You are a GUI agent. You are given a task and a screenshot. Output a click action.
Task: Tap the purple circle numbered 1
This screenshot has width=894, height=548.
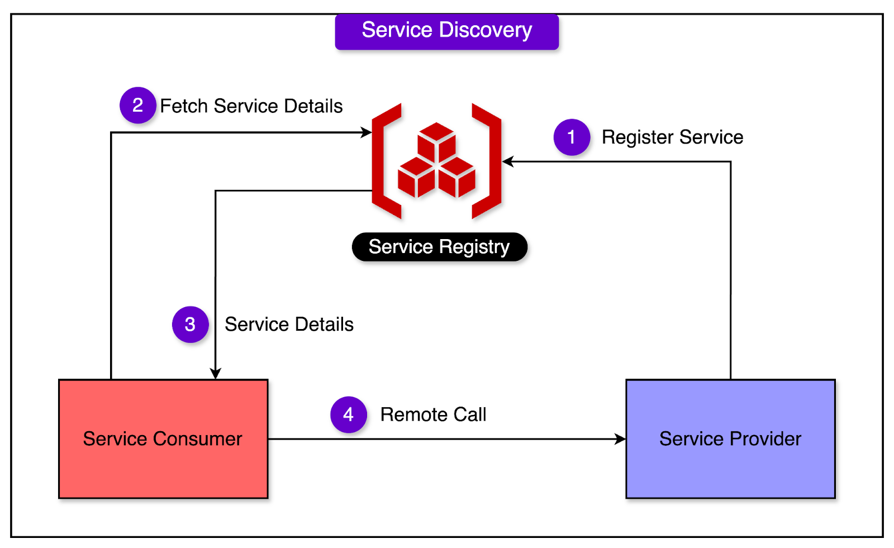pos(572,137)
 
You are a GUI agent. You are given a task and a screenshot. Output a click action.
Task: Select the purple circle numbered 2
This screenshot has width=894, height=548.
pos(137,106)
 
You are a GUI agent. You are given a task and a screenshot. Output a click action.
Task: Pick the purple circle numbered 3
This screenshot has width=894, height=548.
pos(190,325)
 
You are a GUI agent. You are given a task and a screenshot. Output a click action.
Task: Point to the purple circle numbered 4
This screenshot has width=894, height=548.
pos(348,414)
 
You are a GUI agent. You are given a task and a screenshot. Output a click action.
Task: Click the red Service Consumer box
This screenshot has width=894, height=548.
pos(163,439)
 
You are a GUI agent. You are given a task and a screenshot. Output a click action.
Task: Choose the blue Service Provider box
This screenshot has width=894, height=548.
pos(730,439)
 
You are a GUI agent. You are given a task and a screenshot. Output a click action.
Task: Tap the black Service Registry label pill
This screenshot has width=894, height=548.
pos(439,247)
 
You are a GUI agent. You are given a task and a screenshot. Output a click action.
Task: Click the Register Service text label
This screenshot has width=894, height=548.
pos(672,137)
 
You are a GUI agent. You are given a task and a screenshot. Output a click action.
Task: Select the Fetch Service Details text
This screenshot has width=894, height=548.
pos(251,106)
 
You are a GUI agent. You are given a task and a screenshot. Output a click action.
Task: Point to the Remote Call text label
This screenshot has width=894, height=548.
pos(433,414)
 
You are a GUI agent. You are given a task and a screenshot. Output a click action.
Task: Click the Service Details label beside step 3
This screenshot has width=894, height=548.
pos(289,325)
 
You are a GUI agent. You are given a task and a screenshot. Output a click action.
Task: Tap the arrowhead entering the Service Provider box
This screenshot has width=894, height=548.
pos(620,439)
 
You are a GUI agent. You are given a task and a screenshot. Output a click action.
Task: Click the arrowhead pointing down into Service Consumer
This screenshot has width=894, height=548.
pos(216,373)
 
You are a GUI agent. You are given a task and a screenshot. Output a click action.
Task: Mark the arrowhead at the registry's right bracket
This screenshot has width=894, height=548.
pos(508,162)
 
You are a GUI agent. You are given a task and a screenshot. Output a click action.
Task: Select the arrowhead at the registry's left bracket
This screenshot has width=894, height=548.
pos(367,132)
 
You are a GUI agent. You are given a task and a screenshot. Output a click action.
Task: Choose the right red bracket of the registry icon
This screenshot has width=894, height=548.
pos(487,161)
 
